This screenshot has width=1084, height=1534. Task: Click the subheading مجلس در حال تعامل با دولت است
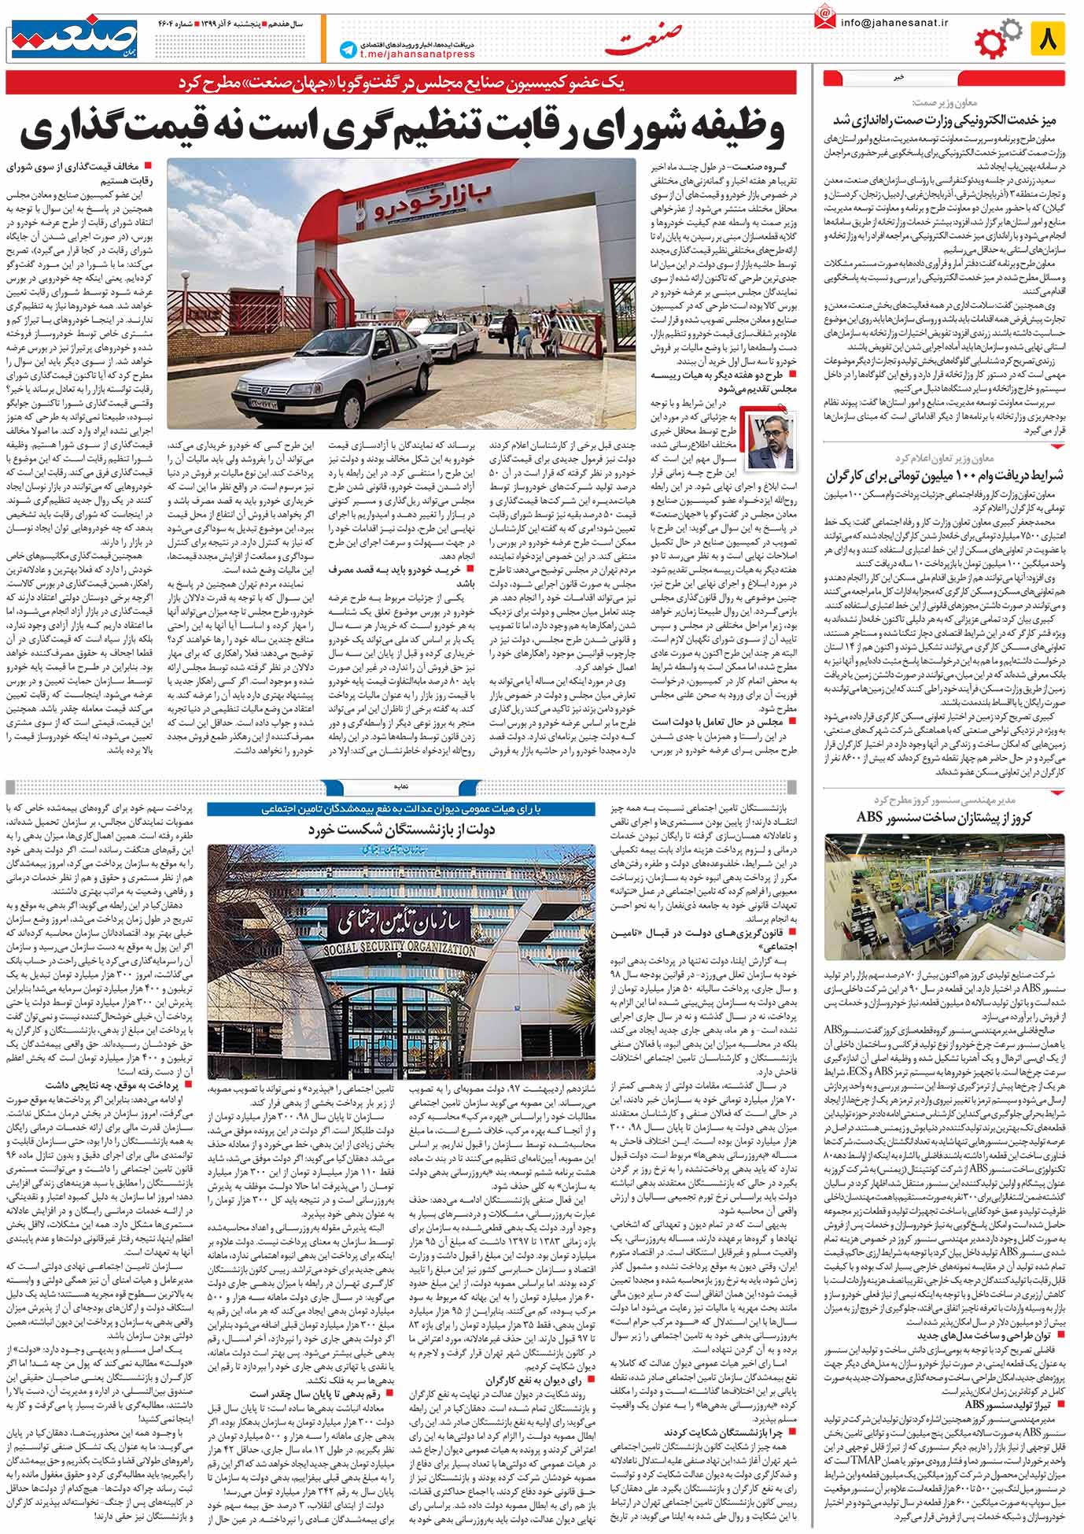click(x=720, y=720)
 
